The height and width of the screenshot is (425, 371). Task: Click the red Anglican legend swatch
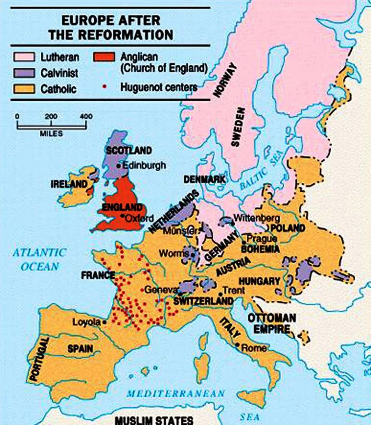click(104, 57)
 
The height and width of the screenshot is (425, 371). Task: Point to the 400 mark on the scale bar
click(86, 117)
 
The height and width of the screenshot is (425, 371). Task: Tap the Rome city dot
click(238, 345)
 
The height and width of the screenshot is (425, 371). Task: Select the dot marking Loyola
click(104, 323)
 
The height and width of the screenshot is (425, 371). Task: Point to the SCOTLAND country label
click(128, 150)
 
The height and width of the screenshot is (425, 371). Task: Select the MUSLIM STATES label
click(153, 420)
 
